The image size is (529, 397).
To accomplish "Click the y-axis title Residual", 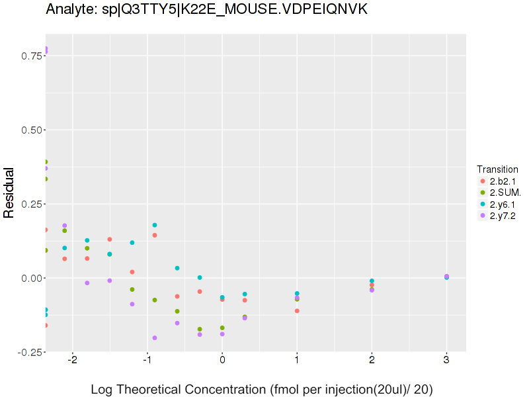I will [9, 193].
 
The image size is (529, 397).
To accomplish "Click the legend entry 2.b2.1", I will [501, 181].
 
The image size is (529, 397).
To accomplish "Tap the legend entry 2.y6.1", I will [501, 204].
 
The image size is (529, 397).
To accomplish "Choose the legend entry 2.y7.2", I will [501, 215].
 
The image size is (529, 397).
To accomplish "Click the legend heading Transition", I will [497, 169].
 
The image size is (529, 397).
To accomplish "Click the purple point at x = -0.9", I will [155, 338].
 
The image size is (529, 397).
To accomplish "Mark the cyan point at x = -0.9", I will [155, 225].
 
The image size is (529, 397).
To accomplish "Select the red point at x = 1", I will [297, 311].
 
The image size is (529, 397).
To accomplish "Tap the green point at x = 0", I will [222, 328].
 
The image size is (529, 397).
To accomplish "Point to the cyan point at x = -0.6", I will [177, 268].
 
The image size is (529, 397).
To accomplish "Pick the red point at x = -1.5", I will [110, 240].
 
